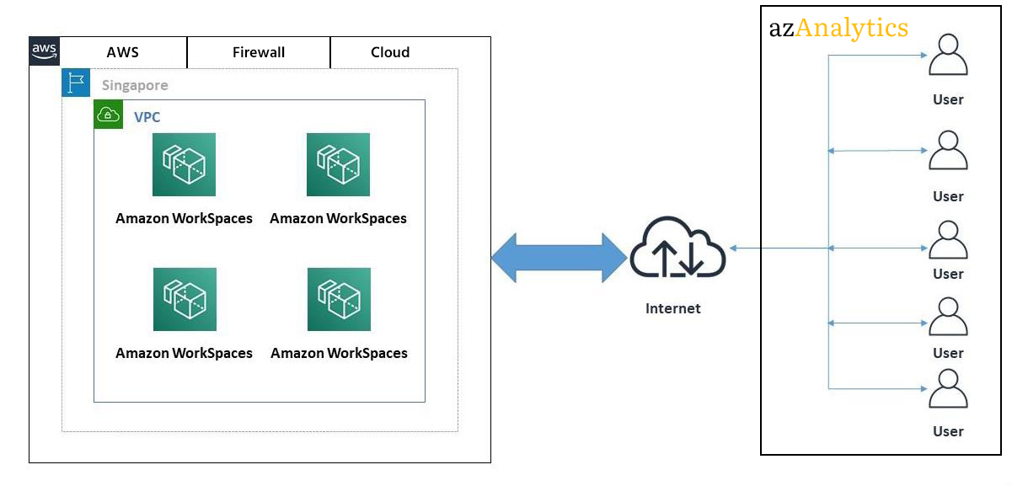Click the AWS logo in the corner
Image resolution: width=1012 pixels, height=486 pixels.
(45, 51)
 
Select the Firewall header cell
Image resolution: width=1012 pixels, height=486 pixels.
(259, 52)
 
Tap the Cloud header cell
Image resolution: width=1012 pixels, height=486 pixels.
(390, 52)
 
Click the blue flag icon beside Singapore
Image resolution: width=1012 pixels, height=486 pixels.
(76, 83)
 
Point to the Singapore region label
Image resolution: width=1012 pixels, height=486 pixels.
(135, 85)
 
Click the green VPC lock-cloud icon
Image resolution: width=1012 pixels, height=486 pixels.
(108, 115)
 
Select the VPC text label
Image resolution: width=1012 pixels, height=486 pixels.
(147, 117)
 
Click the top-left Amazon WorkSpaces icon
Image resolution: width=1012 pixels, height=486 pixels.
(184, 164)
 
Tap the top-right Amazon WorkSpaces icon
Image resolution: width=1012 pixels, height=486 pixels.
(338, 164)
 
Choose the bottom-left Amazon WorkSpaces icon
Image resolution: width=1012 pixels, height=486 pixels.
(184, 299)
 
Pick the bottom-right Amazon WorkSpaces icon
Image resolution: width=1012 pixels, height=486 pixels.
(338, 299)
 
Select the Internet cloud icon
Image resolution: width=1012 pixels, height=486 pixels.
(677, 249)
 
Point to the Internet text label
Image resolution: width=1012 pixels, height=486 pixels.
(672, 308)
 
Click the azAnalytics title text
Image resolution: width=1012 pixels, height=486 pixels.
(838, 28)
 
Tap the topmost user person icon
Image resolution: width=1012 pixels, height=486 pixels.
(948, 56)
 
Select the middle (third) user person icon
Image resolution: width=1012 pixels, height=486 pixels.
(948, 240)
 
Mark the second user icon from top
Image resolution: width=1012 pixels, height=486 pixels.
(948, 152)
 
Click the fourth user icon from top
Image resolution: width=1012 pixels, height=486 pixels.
(948, 317)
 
